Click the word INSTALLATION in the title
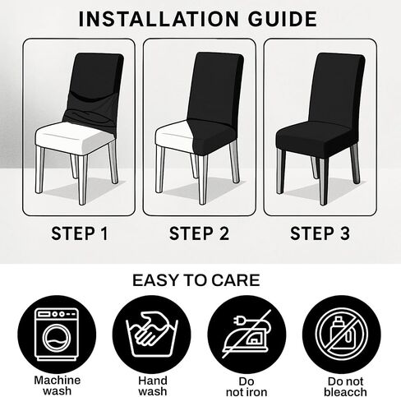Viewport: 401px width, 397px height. coord(159,19)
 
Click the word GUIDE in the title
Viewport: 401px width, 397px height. coord(283,19)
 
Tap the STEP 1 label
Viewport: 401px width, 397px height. coord(80,233)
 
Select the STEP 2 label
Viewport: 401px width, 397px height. coord(199,233)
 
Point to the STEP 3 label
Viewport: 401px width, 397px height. coord(320,233)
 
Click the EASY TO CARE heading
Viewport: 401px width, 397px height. coord(196,280)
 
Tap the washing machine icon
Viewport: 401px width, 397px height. coord(57,334)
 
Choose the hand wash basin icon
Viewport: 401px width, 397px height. coord(152,335)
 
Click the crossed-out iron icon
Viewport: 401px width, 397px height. coord(247,334)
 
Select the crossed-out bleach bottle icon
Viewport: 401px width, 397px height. coord(341,334)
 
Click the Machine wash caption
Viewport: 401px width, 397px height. coord(58,385)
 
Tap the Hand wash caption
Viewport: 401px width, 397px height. coord(153,385)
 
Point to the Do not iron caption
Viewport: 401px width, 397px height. coord(247,386)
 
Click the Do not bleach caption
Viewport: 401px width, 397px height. coord(346,386)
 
